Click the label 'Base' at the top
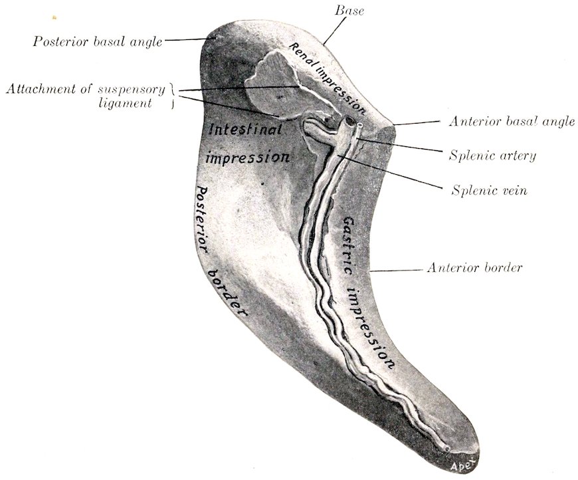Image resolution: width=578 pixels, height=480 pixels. [x=349, y=11]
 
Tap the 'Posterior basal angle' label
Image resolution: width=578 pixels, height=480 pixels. [x=98, y=41]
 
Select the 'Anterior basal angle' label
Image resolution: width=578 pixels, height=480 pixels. [x=512, y=121]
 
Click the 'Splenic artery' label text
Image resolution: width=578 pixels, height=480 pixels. [x=492, y=156]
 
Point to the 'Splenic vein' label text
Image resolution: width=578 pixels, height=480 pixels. [x=490, y=190]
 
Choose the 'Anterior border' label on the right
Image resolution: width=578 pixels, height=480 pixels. [x=474, y=267]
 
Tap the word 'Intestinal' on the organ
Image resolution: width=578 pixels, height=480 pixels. [x=246, y=129]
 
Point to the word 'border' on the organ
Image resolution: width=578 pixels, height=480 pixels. [x=227, y=293]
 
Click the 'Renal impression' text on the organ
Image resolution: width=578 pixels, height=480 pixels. [x=327, y=78]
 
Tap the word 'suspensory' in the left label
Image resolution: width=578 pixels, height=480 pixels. [x=132, y=90]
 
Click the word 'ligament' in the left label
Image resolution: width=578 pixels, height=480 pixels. [x=126, y=103]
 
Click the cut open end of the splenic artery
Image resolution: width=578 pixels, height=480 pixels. [x=359, y=125]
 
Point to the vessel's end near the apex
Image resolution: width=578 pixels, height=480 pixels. [x=446, y=449]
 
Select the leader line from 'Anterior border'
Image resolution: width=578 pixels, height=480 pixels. [x=396, y=271]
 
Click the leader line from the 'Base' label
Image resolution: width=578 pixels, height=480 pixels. [x=334, y=31]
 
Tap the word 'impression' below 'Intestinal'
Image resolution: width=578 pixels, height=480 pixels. [x=247, y=157]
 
